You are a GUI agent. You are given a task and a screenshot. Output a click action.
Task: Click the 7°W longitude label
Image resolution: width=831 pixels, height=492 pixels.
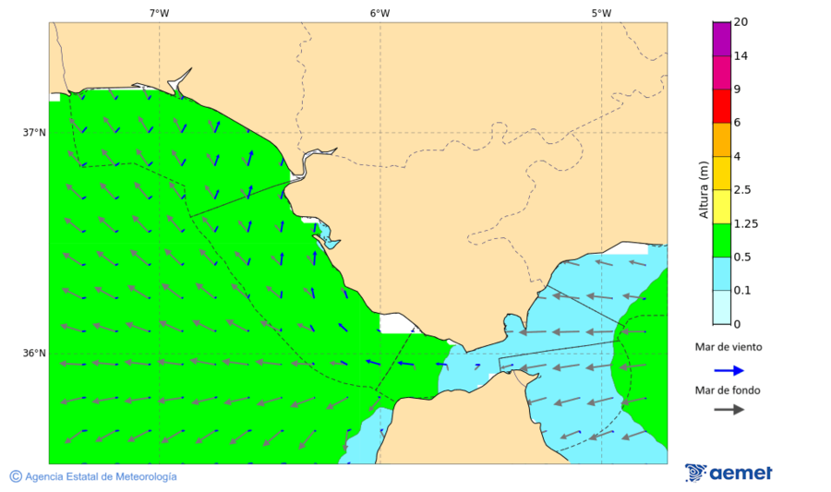click(159, 13)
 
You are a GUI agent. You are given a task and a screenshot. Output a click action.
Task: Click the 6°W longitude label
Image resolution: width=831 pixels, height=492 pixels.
click(379, 13)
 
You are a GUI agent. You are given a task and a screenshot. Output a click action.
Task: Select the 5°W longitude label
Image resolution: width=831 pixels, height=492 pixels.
click(601, 13)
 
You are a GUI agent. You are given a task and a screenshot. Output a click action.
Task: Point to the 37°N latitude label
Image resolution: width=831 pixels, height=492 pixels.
click(34, 132)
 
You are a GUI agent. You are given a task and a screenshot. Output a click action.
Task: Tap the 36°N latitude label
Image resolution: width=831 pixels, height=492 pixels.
click(34, 353)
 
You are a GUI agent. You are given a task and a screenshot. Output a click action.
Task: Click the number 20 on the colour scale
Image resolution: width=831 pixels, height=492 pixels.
click(741, 22)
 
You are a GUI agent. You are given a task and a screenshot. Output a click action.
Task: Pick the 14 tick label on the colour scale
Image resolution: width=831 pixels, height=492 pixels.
click(741, 55)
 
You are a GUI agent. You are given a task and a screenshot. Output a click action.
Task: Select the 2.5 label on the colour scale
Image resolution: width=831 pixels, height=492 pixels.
click(742, 190)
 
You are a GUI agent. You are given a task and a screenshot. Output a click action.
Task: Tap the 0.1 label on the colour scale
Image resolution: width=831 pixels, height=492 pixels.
click(742, 291)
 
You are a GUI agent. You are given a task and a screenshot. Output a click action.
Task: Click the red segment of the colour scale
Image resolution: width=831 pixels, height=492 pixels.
click(721, 105)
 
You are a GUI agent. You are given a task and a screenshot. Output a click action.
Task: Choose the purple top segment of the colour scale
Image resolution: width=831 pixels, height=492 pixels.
click(721, 39)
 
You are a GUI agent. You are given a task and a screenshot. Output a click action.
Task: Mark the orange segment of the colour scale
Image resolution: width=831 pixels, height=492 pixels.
click(721, 139)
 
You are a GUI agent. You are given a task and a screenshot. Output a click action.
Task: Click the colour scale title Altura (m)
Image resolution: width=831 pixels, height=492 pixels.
click(704, 189)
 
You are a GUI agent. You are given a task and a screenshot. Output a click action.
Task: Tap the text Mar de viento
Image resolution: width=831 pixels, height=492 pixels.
click(729, 347)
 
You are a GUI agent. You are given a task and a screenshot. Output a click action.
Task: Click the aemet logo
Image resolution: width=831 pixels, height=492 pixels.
click(729, 473)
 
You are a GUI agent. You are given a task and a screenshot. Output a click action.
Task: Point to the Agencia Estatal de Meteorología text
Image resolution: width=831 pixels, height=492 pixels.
click(101, 476)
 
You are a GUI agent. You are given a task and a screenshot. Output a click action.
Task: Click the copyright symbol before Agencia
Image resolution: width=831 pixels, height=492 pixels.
click(16, 476)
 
